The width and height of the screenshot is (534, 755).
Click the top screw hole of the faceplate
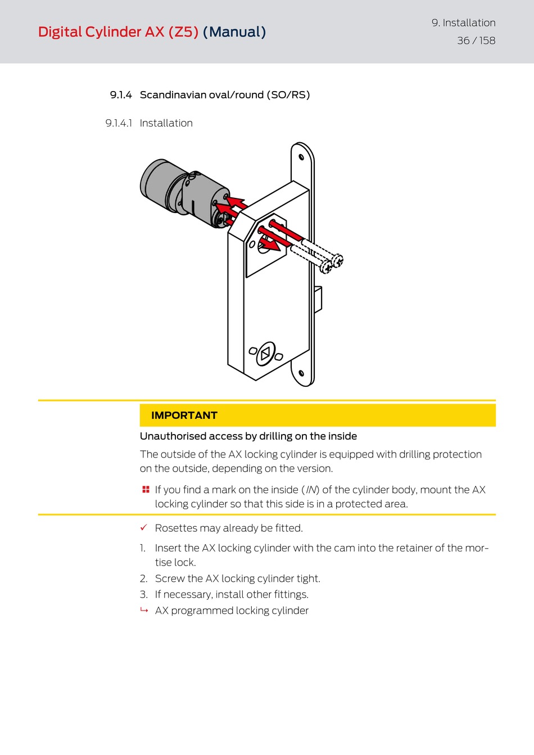301,157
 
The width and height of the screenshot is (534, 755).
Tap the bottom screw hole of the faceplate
301,373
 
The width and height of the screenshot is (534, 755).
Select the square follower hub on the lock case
265,354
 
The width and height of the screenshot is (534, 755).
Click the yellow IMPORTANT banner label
184,415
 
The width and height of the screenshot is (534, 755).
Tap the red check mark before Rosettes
144,527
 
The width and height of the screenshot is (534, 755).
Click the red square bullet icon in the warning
146,490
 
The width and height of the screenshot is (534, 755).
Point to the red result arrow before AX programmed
144,610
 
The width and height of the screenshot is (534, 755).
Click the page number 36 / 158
476,40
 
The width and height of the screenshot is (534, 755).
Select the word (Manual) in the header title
234,32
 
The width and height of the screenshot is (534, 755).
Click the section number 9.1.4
121,95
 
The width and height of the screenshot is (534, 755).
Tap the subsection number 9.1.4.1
119,123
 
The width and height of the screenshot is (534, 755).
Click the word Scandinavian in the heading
173,95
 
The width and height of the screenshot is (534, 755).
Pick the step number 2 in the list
143,578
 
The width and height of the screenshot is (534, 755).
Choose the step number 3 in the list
143,594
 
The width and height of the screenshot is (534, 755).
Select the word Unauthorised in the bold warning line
173,436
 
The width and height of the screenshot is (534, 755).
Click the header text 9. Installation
463,23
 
